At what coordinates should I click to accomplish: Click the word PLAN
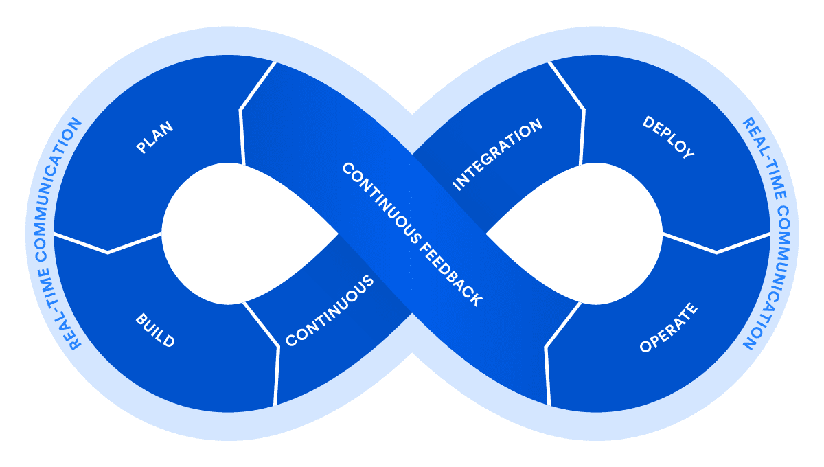[x=154, y=137]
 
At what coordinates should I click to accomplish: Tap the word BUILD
[x=155, y=330]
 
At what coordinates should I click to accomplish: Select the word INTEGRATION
[x=498, y=155]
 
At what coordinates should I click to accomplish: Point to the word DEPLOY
[x=668, y=137]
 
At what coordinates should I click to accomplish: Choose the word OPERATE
[x=668, y=328]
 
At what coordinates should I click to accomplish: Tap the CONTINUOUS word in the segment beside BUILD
[x=330, y=310]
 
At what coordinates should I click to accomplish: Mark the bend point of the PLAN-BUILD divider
[x=108, y=253]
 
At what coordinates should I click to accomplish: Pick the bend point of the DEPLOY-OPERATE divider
[x=716, y=253]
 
